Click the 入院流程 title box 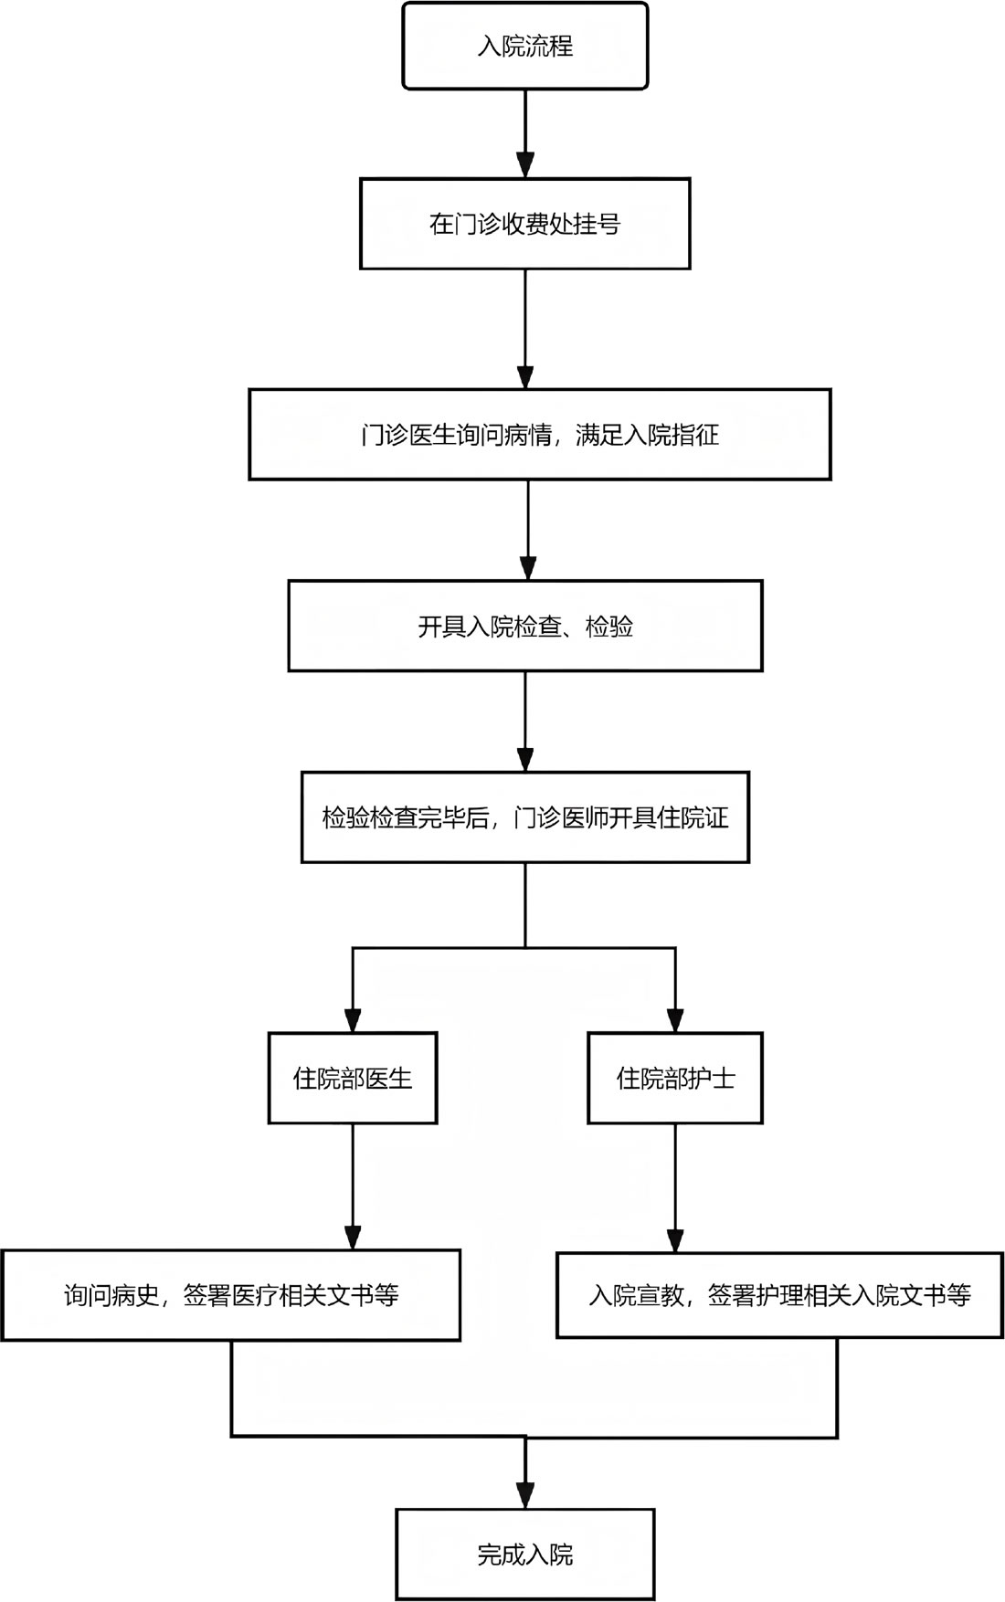[x=525, y=46]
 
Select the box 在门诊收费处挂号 [x=525, y=224]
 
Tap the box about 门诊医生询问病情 [x=540, y=434]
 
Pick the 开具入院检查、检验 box [x=525, y=627]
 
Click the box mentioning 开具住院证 [x=525, y=817]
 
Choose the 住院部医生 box [x=353, y=1078]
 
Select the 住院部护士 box [x=675, y=1078]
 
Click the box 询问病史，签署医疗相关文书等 [x=230, y=1295]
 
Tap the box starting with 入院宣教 [x=780, y=1294]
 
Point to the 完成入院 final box [x=525, y=1555]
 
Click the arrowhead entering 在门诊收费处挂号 [x=525, y=165]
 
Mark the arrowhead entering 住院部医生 [x=353, y=1019]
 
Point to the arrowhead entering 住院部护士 [x=675, y=1019]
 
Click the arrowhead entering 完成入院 [x=525, y=1496]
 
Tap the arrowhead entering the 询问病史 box [x=353, y=1237]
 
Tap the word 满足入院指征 [x=647, y=435]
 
